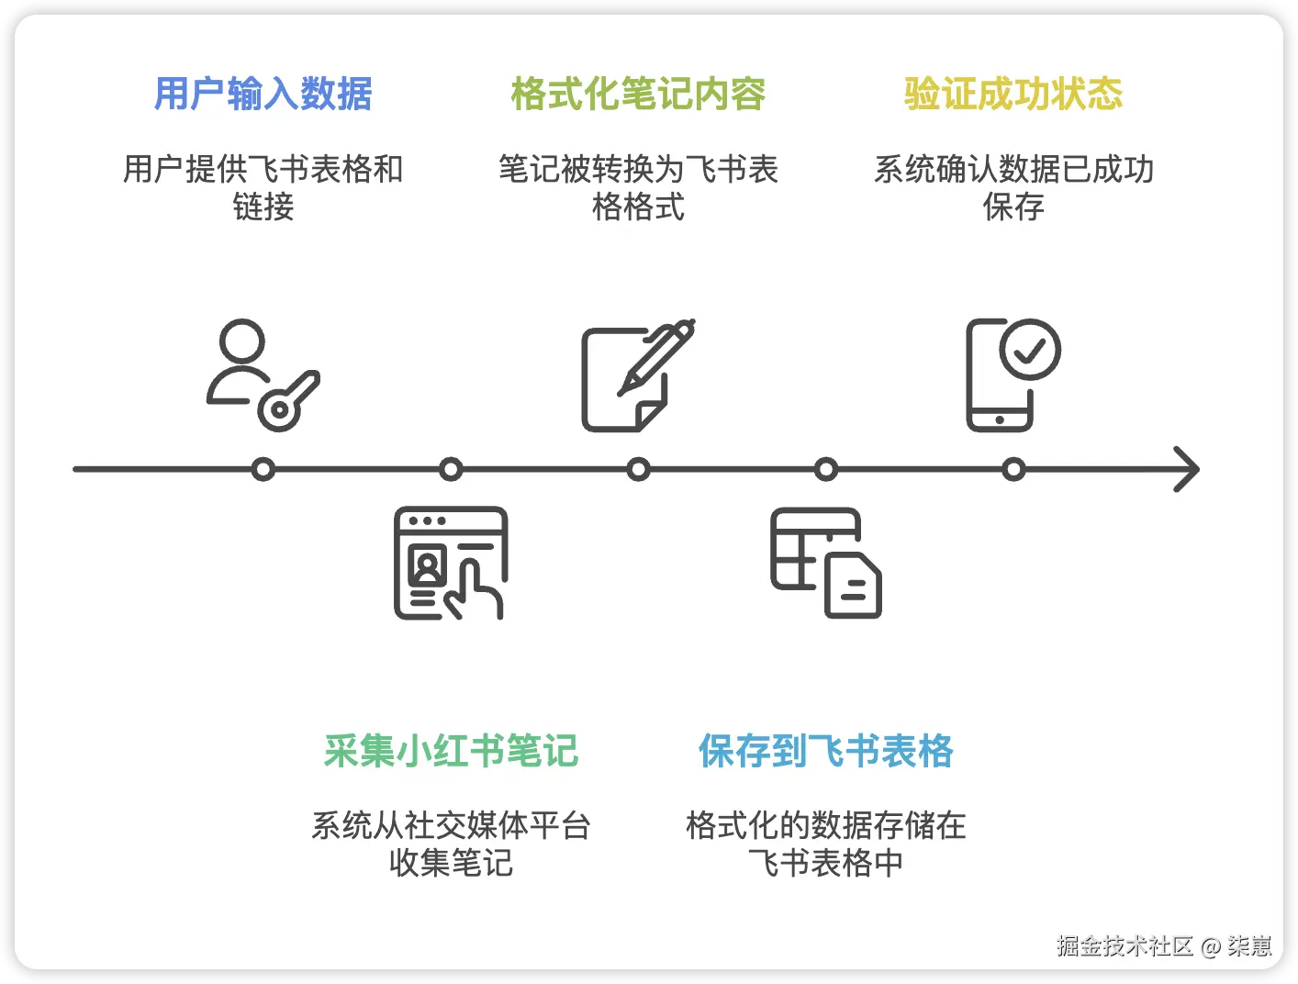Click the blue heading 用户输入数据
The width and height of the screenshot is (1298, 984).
pos(263,94)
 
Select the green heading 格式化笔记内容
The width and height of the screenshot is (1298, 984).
pos(638,94)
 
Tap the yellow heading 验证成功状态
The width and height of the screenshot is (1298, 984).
pos(1013,94)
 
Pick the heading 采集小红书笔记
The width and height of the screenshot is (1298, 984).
pos(451,751)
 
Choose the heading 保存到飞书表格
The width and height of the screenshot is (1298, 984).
pos(826,751)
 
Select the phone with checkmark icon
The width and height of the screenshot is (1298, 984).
pos(1013,375)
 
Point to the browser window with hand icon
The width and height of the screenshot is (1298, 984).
pos(451,563)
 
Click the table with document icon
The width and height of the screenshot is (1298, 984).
pos(826,563)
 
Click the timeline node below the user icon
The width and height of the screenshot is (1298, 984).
pos(263,470)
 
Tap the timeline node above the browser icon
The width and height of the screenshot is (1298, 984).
pos(451,470)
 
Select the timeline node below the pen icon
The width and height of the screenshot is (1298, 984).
pos(638,470)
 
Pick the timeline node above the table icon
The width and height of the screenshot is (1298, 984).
pos(826,470)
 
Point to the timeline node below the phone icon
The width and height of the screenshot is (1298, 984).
pos(1013,470)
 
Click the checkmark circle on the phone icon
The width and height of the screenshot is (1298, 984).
pos(1030,350)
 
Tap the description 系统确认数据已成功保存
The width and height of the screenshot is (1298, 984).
pos(1013,187)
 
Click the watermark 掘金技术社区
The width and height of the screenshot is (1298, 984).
pos(1125,945)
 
